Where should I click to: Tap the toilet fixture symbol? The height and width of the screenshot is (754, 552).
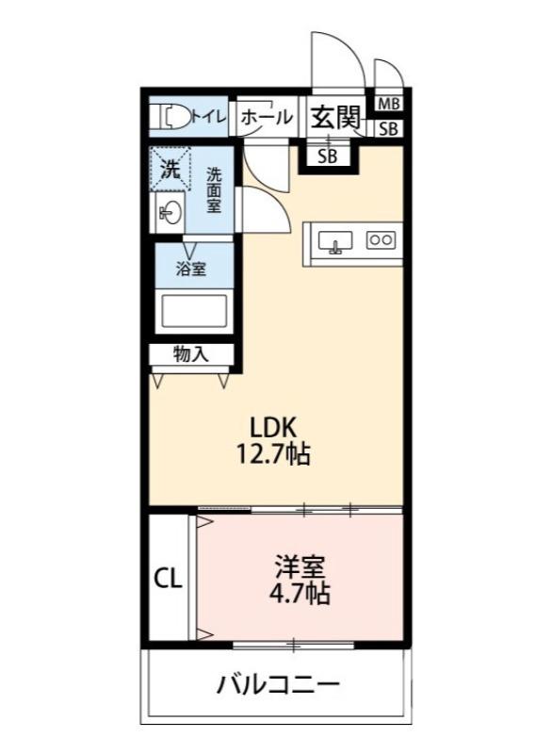coord(173,116)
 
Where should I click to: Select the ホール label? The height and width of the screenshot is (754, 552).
coord(266,117)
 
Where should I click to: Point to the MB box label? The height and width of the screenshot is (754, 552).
coord(388,103)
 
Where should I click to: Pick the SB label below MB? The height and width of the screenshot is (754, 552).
coord(388,129)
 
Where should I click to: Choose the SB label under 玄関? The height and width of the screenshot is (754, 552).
coord(327,156)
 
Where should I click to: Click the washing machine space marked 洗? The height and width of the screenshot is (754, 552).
coord(170,171)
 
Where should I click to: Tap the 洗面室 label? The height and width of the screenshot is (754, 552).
coord(215,188)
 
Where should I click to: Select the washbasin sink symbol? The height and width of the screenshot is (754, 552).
coord(170,213)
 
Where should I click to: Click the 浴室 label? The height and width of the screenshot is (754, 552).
coord(191,268)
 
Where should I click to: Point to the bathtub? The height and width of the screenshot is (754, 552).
coord(193,310)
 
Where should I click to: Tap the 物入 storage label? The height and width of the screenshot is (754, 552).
coord(190,354)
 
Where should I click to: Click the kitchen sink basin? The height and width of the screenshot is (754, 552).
coord(334,240)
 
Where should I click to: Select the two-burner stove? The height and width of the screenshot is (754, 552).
coord(381,239)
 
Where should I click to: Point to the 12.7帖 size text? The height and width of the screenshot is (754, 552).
coord(273,454)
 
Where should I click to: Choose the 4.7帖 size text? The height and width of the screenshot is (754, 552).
coord(299,594)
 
